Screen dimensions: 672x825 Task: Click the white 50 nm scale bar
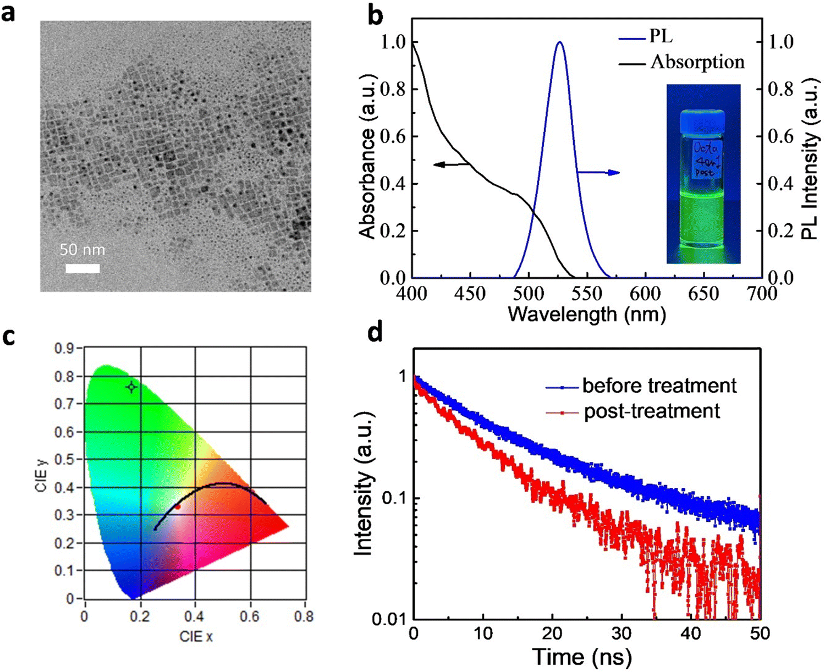[x=82, y=268]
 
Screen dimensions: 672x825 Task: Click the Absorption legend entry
[x=682, y=62]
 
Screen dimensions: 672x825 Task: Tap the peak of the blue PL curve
[x=560, y=42]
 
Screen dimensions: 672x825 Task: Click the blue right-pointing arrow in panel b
[x=599, y=173]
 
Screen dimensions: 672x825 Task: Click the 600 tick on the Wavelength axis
[x=645, y=294]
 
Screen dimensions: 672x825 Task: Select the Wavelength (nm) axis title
[x=587, y=315]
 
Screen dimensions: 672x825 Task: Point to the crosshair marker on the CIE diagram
[x=131, y=387]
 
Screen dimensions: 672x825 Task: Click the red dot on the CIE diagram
[x=178, y=506]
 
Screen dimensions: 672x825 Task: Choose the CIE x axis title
[x=196, y=637]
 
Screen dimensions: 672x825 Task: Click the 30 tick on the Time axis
[x=621, y=634]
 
